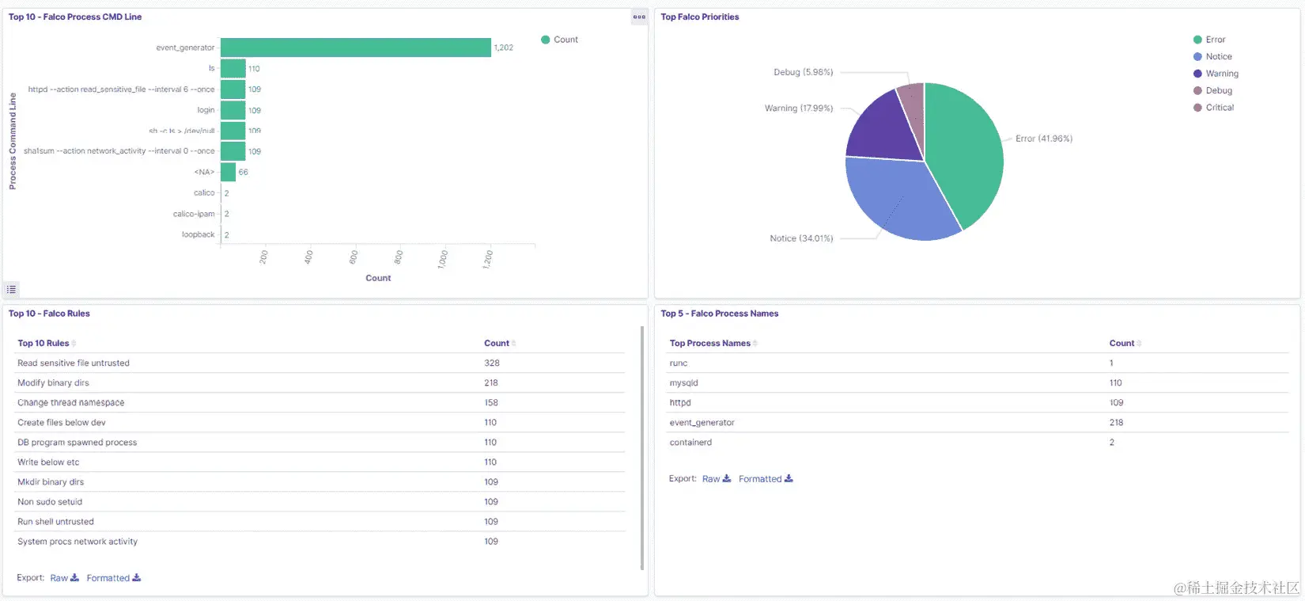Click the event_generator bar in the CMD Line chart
pyautogui.click(x=355, y=48)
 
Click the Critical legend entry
pyautogui.click(x=1219, y=108)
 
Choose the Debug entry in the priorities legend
pyautogui.click(x=1218, y=91)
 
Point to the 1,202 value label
pyautogui.click(x=503, y=48)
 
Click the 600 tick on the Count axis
pyautogui.click(x=354, y=257)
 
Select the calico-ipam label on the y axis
pyautogui.click(x=194, y=214)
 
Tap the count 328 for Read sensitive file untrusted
pyautogui.click(x=492, y=363)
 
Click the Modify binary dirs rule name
pyautogui.click(x=53, y=383)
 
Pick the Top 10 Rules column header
pyautogui.click(x=43, y=344)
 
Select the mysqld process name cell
pyautogui.click(x=683, y=383)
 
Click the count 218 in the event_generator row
pyautogui.click(x=1116, y=423)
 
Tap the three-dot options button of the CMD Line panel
pyautogui.click(x=639, y=17)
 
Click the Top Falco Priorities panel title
pyautogui.click(x=699, y=17)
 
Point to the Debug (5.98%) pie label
pyautogui.click(x=803, y=72)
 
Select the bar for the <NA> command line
pyautogui.click(x=228, y=172)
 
